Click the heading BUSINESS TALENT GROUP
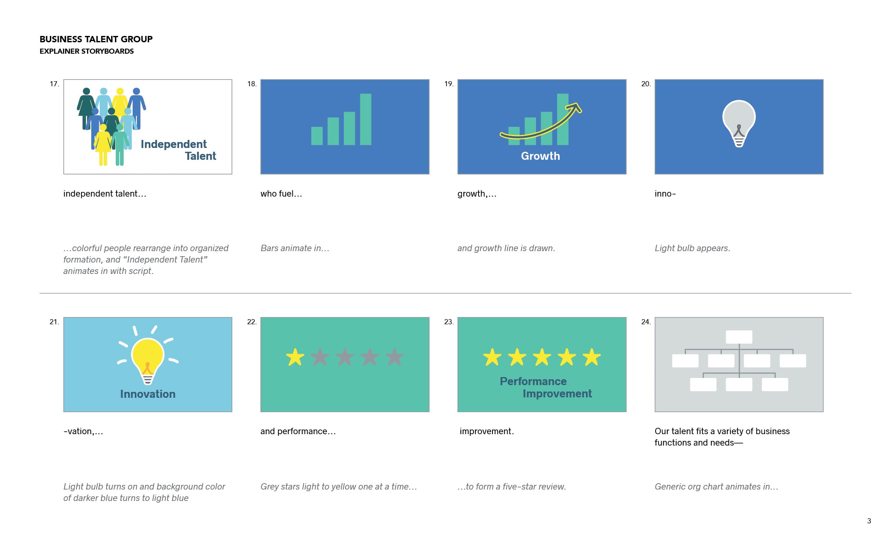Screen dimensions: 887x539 (96, 39)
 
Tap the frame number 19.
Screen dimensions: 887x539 (449, 84)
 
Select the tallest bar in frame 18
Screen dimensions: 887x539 (365, 119)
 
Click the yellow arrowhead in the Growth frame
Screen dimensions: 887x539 (575, 108)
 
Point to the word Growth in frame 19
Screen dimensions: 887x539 (541, 156)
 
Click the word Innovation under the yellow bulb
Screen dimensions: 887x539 (148, 394)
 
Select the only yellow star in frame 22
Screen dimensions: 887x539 (295, 357)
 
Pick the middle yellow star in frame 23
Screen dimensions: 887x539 (542, 357)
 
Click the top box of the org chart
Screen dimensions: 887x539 (739, 337)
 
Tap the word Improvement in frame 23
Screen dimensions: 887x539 (557, 394)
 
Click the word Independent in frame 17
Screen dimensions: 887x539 (174, 144)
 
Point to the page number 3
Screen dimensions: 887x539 (869, 521)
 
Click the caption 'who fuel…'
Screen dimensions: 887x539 (281, 194)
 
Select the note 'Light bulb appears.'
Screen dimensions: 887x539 (692, 248)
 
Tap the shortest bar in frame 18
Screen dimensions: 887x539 (317, 136)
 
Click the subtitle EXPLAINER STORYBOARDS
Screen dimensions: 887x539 (87, 51)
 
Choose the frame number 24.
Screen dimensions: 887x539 (646, 322)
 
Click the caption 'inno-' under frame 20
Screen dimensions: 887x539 (665, 194)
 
